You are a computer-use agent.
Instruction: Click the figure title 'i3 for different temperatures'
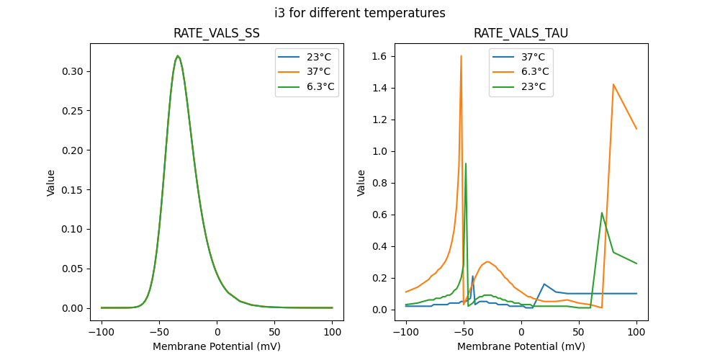click(x=360, y=13)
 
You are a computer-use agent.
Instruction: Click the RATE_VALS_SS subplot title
click(x=217, y=33)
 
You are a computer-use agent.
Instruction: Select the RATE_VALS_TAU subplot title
click(x=521, y=33)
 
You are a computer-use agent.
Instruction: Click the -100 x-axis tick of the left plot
click(x=102, y=333)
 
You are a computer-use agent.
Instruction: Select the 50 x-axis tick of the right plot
click(x=579, y=333)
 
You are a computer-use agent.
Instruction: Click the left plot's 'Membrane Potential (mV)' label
click(x=217, y=346)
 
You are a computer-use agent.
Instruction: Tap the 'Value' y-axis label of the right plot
click(x=362, y=183)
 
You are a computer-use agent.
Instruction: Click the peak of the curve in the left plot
click(x=178, y=56)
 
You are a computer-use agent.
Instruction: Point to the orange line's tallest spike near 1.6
click(x=461, y=56)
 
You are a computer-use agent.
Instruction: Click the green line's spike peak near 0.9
click(x=466, y=163)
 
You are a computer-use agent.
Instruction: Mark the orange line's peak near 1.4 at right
click(x=613, y=84)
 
